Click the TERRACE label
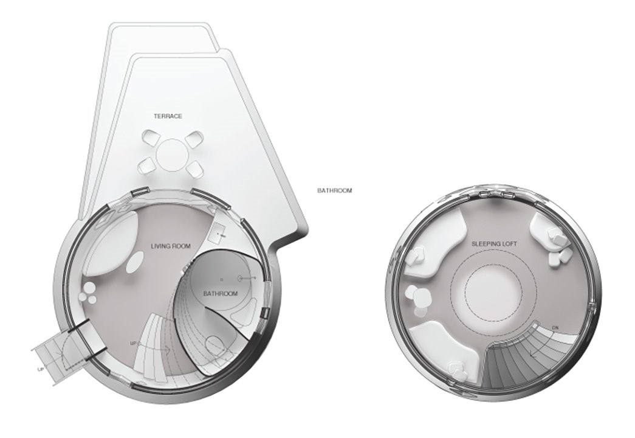pyautogui.click(x=168, y=116)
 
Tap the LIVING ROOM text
pyautogui.click(x=171, y=246)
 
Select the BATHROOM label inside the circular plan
pyautogui.click(x=221, y=293)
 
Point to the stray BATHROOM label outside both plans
pyautogui.click(x=334, y=190)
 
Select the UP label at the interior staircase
pyautogui.click(x=133, y=344)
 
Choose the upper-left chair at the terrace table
pyautogui.click(x=149, y=138)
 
